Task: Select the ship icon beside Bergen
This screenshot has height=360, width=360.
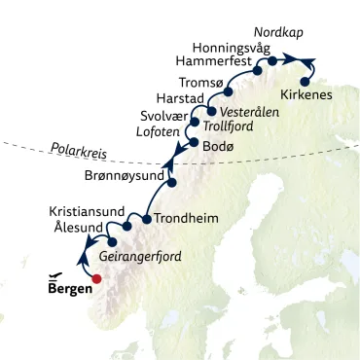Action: [x=56, y=274]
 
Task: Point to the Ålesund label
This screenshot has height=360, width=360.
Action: [x=76, y=229]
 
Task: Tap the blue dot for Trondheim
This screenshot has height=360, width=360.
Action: [x=147, y=218]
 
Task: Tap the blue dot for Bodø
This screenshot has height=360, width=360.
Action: [x=194, y=144]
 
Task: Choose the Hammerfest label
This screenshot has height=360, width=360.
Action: [x=207, y=60]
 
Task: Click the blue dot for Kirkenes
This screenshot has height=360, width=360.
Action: [x=306, y=81]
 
